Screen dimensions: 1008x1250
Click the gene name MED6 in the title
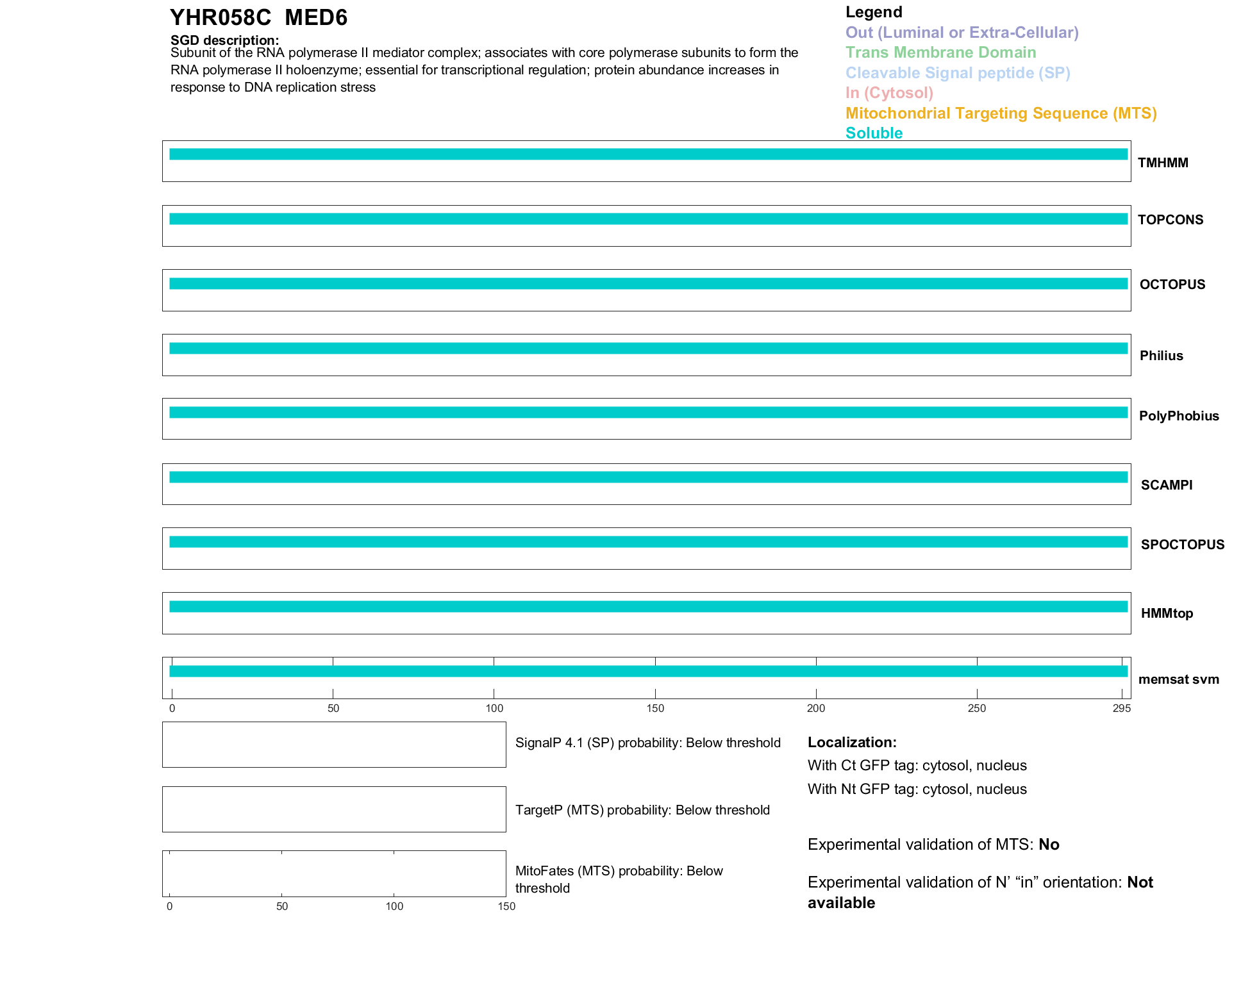click(x=316, y=18)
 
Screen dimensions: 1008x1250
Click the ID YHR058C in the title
click(x=221, y=18)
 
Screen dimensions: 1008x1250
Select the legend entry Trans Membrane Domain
click(x=940, y=53)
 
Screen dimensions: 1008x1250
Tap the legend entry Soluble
click(x=874, y=133)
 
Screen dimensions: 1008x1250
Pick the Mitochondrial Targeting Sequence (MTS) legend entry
click(x=1001, y=113)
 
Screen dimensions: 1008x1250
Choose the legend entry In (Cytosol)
click(x=889, y=93)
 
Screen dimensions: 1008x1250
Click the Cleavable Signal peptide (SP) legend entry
click(x=958, y=73)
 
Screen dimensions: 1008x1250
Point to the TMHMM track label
click(x=1163, y=163)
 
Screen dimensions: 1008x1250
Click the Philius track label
click(x=1161, y=356)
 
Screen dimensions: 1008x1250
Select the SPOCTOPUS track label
click(x=1182, y=545)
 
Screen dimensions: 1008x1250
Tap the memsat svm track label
click(x=1178, y=679)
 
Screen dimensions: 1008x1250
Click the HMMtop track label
click(x=1167, y=613)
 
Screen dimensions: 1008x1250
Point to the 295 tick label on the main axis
click(x=1121, y=708)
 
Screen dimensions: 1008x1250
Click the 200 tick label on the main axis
click(x=815, y=708)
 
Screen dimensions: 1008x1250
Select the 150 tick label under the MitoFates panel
click(x=506, y=906)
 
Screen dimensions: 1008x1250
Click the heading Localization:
click(x=851, y=742)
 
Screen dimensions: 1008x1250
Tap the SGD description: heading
click(x=224, y=40)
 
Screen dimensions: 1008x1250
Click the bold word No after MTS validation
click(x=1049, y=845)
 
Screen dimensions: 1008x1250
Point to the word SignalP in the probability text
click(x=538, y=743)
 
